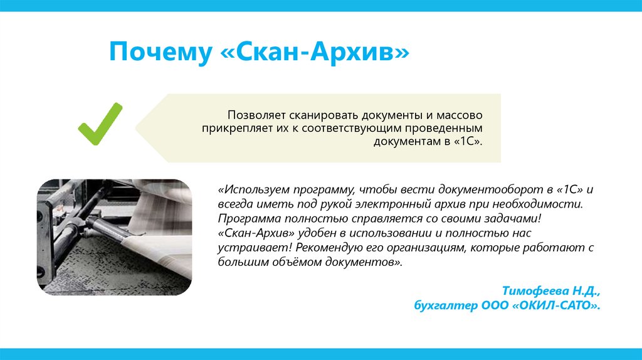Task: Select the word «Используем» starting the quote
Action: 253,189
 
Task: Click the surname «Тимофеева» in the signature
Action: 534,292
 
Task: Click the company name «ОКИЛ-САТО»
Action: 555,305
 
